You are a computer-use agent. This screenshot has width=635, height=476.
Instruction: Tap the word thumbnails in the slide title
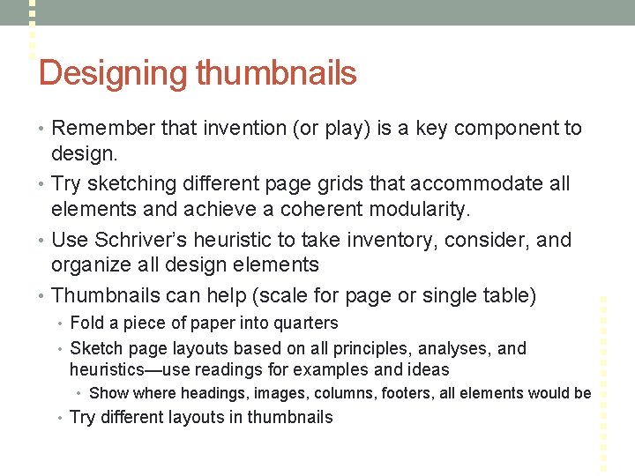[x=277, y=73]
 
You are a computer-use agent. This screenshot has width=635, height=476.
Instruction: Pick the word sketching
[x=129, y=184]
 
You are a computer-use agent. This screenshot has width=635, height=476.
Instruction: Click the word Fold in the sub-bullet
[x=86, y=324]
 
